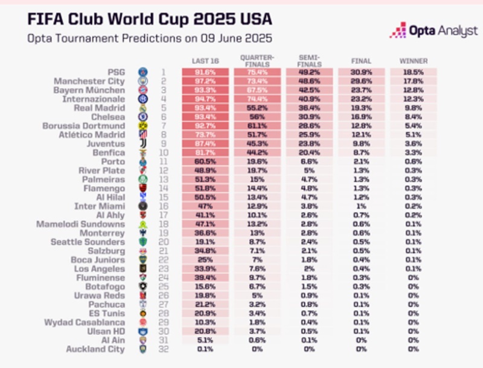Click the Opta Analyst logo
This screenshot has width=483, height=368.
click(x=433, y=30)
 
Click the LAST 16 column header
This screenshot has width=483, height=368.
click(x=205, y=62)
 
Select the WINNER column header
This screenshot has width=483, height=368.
click(x=414, y=62)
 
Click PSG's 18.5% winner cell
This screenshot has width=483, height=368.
click(x=414, y=72)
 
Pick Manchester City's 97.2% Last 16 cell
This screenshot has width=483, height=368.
click(x=205, y=81)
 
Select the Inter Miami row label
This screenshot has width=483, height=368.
click(x=101, y=206)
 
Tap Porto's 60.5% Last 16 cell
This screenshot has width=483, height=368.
click(x=205, y=161)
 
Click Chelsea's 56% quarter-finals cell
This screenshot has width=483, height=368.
click(x=258, y=116)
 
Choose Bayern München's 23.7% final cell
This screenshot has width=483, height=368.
click(x=362, y=90)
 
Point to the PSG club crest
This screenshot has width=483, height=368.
click(x=142, y=72)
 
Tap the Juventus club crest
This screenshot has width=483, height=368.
click(x=142, y=144)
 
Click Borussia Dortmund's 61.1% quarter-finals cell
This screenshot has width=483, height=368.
click(x=258, y=125)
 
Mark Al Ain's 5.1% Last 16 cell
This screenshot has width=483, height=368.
click(x=205, y=340)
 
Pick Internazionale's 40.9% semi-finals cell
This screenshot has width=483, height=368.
click(x=310, y=99)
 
